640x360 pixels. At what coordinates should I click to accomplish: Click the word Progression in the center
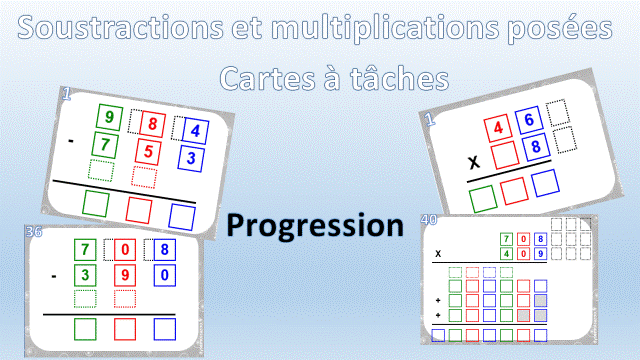pyautogui.click(x=315, y=225)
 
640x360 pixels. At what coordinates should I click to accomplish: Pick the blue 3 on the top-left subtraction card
pyautogui.click(x=193, y=158)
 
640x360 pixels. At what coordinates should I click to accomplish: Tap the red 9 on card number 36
pyautogui.click(x=125, y=273)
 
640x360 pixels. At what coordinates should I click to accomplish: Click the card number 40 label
pyautogui.click(x=430, y=220)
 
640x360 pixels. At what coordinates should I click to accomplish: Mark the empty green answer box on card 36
pyautogui.click(x=87, y=328)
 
